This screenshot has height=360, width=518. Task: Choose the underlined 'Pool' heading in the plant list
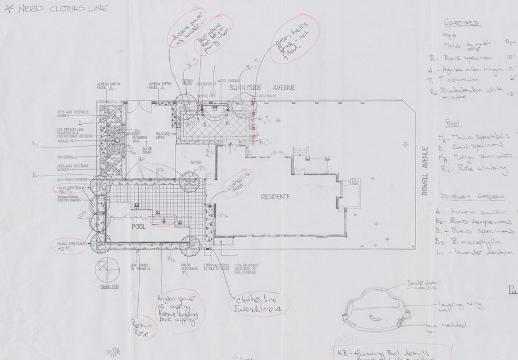(452, 122)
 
